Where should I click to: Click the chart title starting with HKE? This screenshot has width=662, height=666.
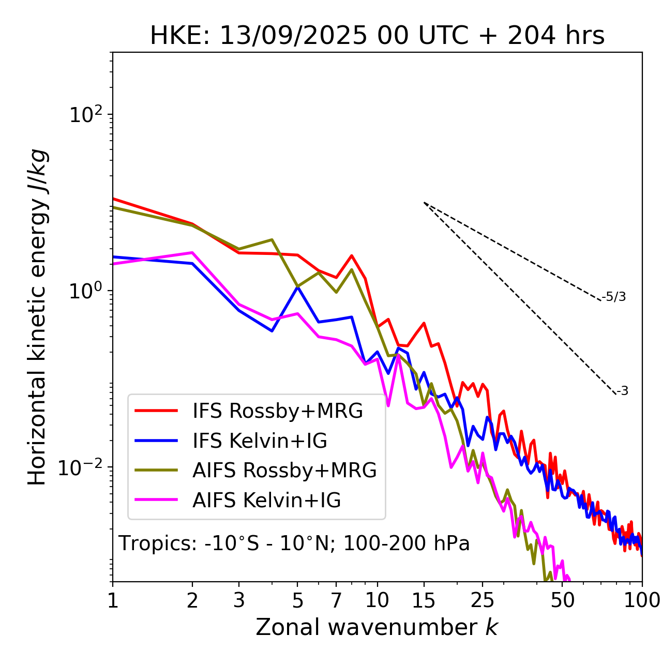[x=377, y=36]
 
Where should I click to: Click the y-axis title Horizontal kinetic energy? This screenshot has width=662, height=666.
[x=38, y=317]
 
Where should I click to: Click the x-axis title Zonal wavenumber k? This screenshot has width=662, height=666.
[x=377, y=627]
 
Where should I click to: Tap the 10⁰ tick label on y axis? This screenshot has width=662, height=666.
[x=86, y=291]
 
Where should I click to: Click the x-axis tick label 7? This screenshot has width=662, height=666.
[x=336, y=600]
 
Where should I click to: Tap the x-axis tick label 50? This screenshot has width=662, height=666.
[x=563, y=600]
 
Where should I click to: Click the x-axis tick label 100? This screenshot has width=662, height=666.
[x=642, y=600]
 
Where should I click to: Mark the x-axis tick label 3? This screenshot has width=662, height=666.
[x=239, y=600]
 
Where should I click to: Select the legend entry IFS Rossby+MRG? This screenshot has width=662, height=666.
[x=278, y=411]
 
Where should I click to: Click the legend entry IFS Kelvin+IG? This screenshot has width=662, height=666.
[x=260, y=441]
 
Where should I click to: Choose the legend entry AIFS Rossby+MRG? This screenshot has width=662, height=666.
[x=284, y=471]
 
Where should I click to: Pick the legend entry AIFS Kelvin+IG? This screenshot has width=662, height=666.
[x=266, y=501]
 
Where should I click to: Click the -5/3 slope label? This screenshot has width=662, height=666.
[x=614, y=297]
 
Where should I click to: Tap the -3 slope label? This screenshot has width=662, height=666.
[x=623, y=391]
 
